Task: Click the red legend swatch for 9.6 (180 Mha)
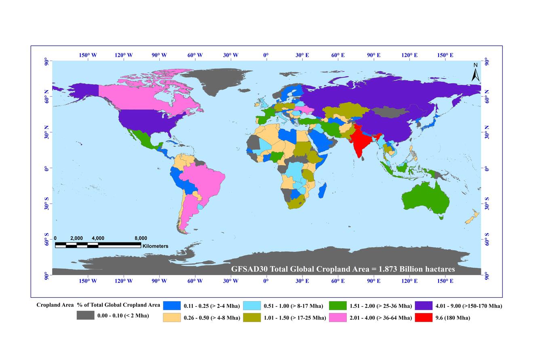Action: tap(423, 318)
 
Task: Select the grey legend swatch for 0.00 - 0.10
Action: tap(85, 316)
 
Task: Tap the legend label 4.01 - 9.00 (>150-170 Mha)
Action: tap(468, 306)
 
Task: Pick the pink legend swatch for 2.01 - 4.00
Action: tap(337, 318)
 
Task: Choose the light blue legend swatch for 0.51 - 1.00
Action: tap(252, 306)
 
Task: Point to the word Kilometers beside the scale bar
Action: tap(155, 246)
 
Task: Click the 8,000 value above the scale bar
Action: tap(141, 238)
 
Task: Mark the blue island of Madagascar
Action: tap(322, 190)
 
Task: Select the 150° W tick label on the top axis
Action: tap(88, 55)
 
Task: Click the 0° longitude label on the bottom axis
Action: tap(266, 281)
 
